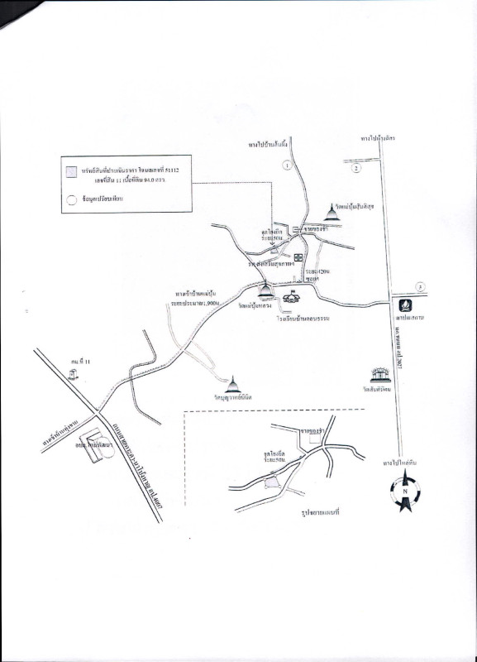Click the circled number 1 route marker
tap(287, 165)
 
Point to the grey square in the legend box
tap(72, 170)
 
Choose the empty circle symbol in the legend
tap(72, 199)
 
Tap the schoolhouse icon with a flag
tap(291, 299)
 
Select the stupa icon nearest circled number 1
tap(332, 215)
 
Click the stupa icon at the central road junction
tap(266, 290)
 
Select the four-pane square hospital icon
tap(298, 257)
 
